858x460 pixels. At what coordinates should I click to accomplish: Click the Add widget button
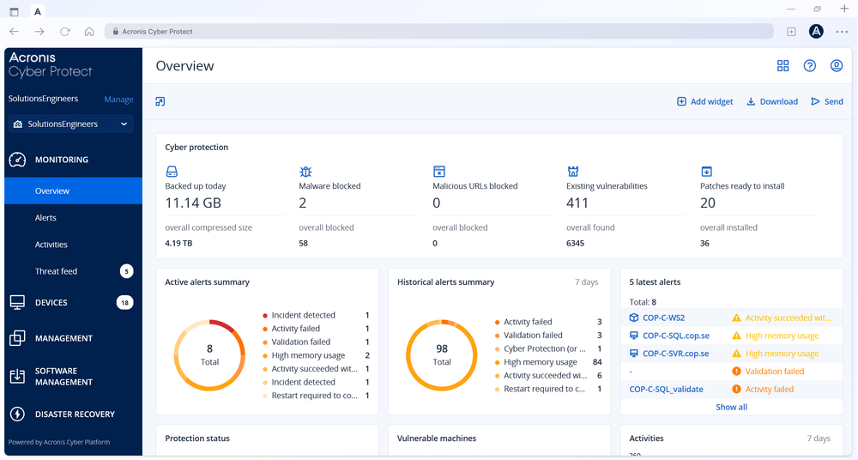pos(704,101)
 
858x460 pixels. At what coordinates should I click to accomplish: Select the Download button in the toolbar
pos(771,101)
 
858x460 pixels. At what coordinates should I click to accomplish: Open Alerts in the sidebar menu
pos(46,218)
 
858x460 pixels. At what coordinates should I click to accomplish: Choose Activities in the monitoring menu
pos(51,245)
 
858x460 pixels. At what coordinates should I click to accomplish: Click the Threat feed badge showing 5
pos(126,271)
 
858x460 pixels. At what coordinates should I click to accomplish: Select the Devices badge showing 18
pos(124,303)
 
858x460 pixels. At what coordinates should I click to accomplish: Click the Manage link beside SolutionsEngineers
pos(118,100)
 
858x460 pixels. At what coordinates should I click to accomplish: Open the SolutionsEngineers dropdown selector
pos(71,124)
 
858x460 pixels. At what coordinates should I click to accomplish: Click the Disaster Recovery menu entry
pos(75,415)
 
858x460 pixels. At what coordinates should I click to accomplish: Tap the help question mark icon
pos(809,66)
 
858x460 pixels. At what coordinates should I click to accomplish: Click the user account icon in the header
pos(837,66)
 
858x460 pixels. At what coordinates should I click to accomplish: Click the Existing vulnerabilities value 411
pos(577,203)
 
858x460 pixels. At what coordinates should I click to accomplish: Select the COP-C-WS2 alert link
pos(663,318)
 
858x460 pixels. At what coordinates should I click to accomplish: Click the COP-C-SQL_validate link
pos(666,389)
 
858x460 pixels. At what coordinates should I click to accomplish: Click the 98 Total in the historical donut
pos(442,354)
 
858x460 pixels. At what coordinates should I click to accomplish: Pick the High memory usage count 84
pos(597,362)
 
